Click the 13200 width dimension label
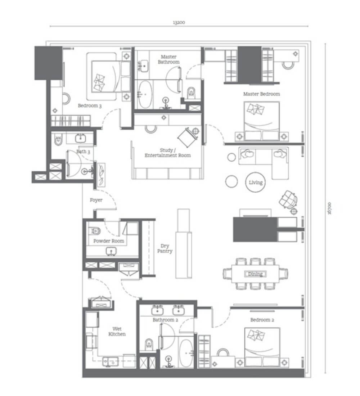[x=179, y=22]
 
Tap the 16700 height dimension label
[x=329, y=208]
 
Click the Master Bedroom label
[x=261, y=94]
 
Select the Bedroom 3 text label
[x=90, y=105]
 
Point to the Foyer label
[x=96, y=200]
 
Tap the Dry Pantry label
[x=165, y=248]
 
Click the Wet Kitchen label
[x=117, y=331]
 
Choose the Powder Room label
[x=109, y=241]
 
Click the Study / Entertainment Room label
[x=168, y=153]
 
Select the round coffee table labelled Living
[x=255, y=182]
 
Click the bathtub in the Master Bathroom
[x=145, y=94]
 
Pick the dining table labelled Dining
[x=255, y=274]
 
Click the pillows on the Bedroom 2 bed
[x=256, y=335]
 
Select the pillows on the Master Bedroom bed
[x=256, y=109]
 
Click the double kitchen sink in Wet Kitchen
[x=111, y=361]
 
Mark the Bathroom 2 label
[x=165, y=320]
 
